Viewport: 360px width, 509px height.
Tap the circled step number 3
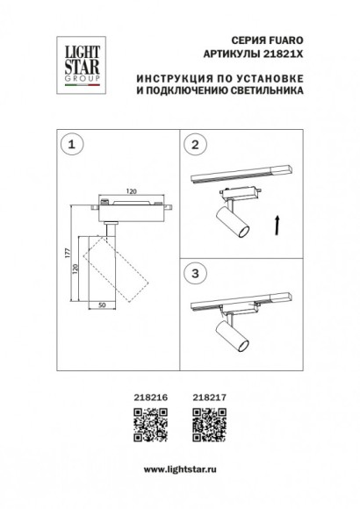point(198,273)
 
